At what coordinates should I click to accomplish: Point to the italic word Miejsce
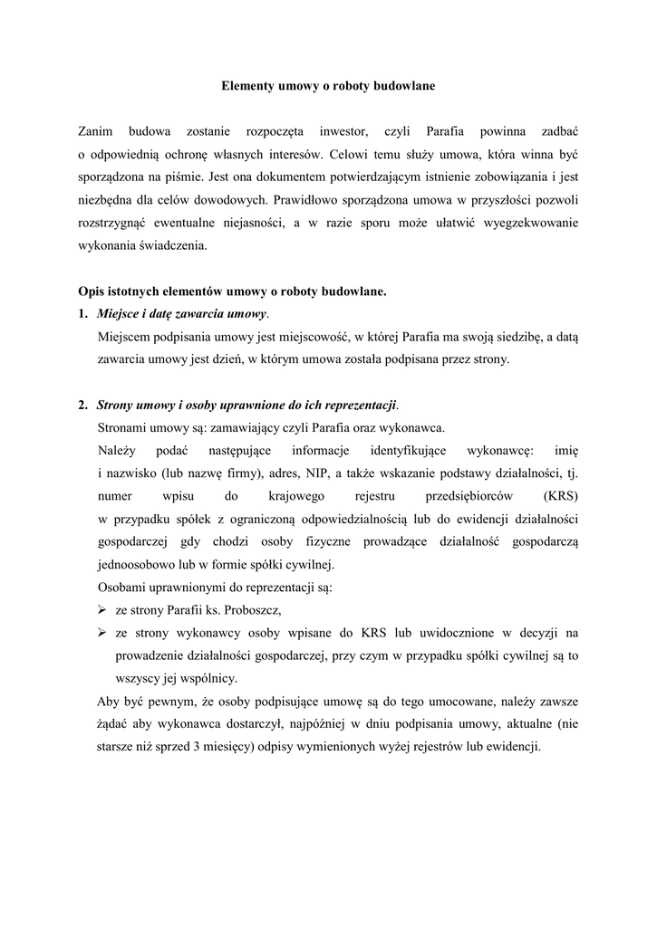click(121, 314)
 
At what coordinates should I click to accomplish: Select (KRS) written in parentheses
click(561, 496)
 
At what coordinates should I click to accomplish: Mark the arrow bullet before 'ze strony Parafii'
click(102, 609)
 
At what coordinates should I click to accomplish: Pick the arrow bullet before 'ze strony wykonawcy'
click(102, 632)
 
